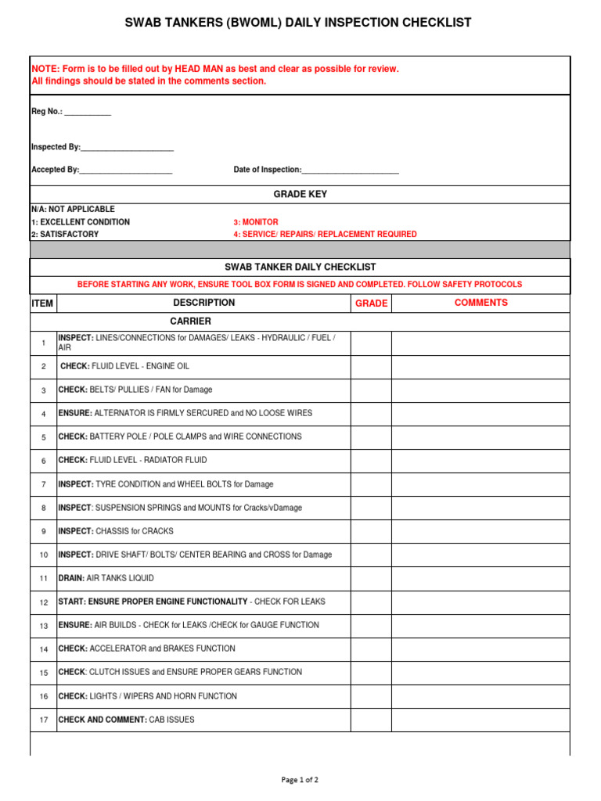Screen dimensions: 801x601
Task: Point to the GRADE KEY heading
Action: click(x=300, y=194)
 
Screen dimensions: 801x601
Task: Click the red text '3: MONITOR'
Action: click(x=256, y=222)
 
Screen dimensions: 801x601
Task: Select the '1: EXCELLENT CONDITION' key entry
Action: click(x=81, y=222)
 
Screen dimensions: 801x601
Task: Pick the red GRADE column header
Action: click(x=371, y=304)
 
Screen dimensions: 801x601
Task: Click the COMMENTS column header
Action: click(x=480, y=303)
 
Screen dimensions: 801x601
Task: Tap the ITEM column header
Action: click(x=42, y=304)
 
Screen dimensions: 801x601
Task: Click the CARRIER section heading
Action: click(x=190, y=321)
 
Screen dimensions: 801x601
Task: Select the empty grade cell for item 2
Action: click(x=371, y=366)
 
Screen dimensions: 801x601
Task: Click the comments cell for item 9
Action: click(x=480, y=531)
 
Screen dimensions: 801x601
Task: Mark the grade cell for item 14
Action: click(x=371, y=649)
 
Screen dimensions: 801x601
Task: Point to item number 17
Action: click(x=44, y=720)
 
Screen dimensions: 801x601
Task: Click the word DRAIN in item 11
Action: click(x=71, y=578)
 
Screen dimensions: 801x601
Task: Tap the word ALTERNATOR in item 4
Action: click(x=121, y=413)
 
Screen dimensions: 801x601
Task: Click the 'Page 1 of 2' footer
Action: click(x=300, y=780)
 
